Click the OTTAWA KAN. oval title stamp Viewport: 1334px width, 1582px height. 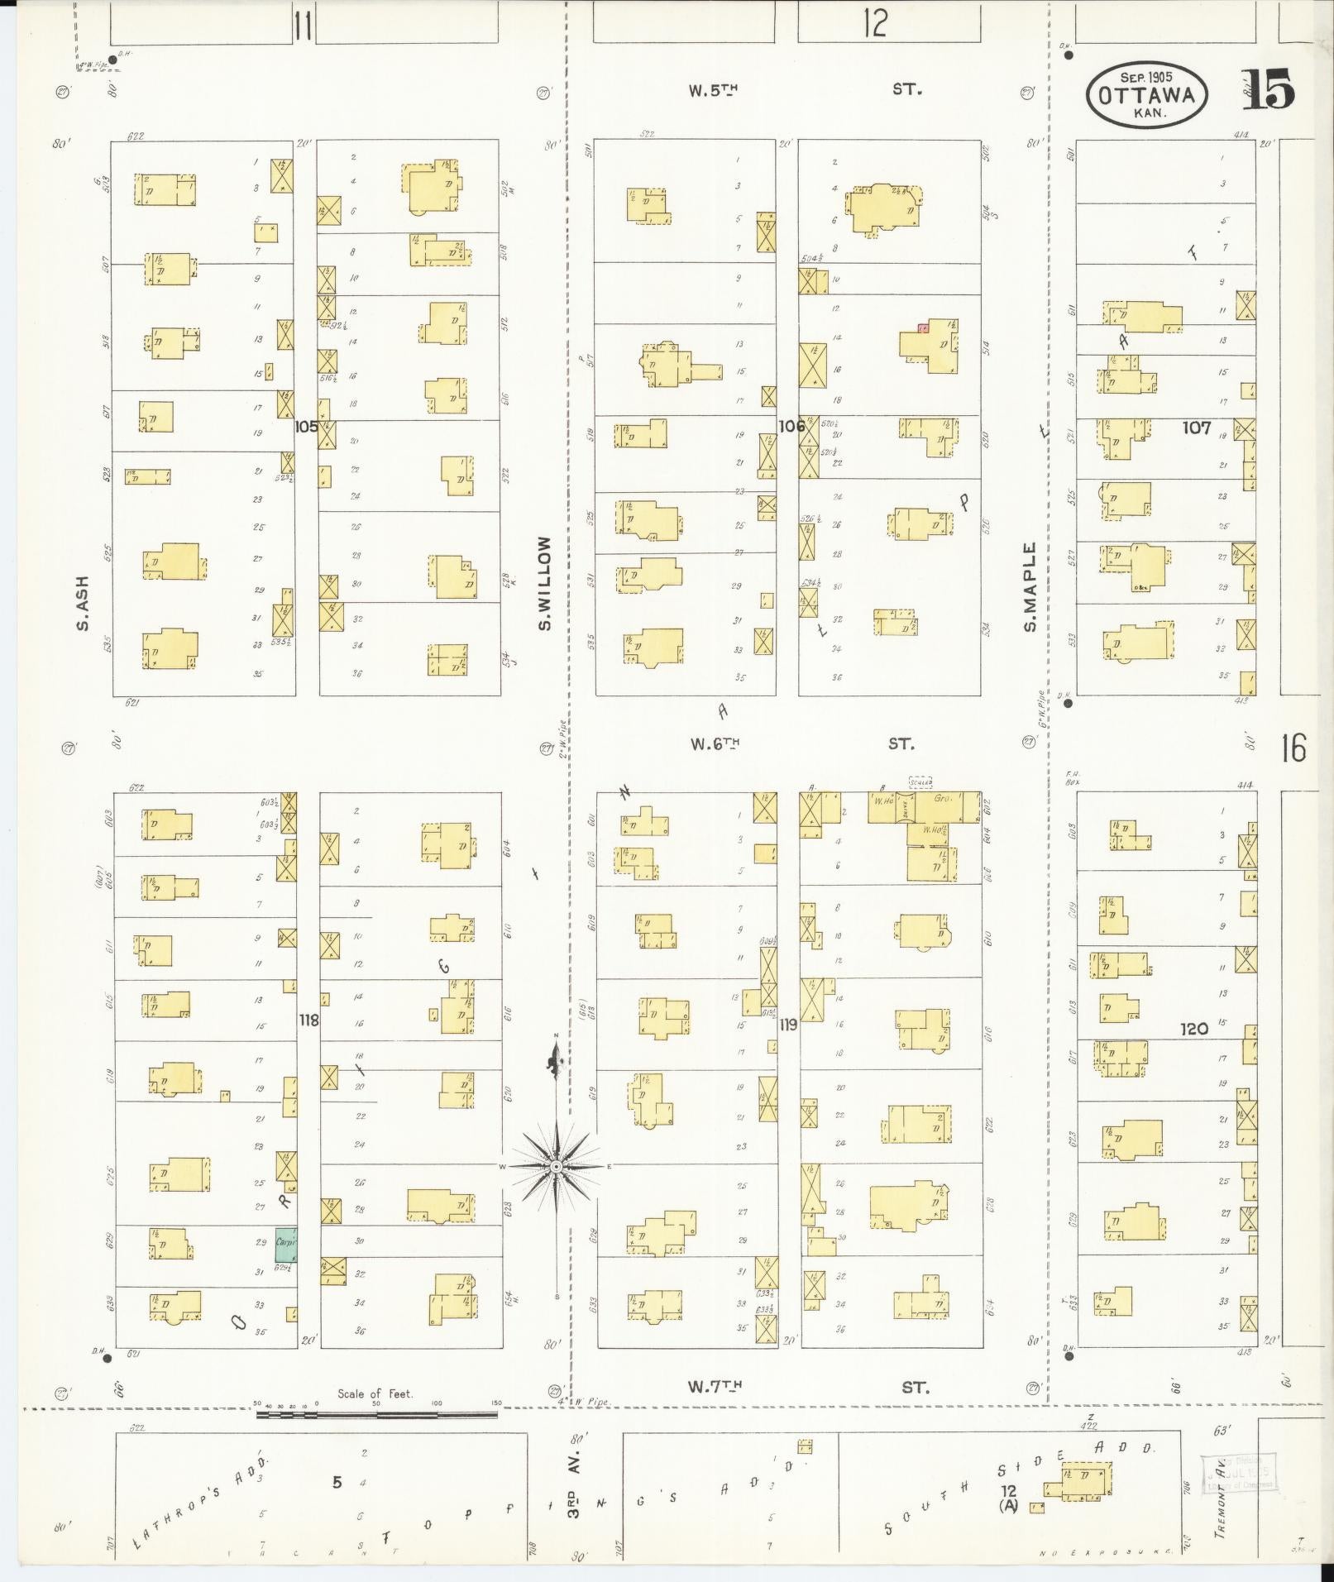(1146, 95)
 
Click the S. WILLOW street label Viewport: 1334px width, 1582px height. (544, 582)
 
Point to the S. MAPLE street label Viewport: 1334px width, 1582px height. (1030, 586)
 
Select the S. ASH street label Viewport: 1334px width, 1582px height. (83, 602)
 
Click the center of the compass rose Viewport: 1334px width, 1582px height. (557, 1166)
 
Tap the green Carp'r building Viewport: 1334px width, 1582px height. (285, 1243)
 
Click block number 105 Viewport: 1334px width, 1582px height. (306, 427)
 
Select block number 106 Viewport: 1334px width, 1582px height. (791, 426)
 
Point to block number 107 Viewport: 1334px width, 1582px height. (1196, 428)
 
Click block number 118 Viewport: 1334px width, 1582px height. (308, 1020)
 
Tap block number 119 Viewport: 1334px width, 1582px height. (788, 1025)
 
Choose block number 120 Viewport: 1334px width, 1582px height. (1194, 1029)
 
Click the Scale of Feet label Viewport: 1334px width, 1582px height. (375, 1393)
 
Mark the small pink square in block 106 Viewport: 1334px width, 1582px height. (923, 327)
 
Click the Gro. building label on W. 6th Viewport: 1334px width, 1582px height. (944, 800)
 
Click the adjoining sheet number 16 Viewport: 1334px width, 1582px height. (1293, 748)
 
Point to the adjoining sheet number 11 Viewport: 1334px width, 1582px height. (303, 27)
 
